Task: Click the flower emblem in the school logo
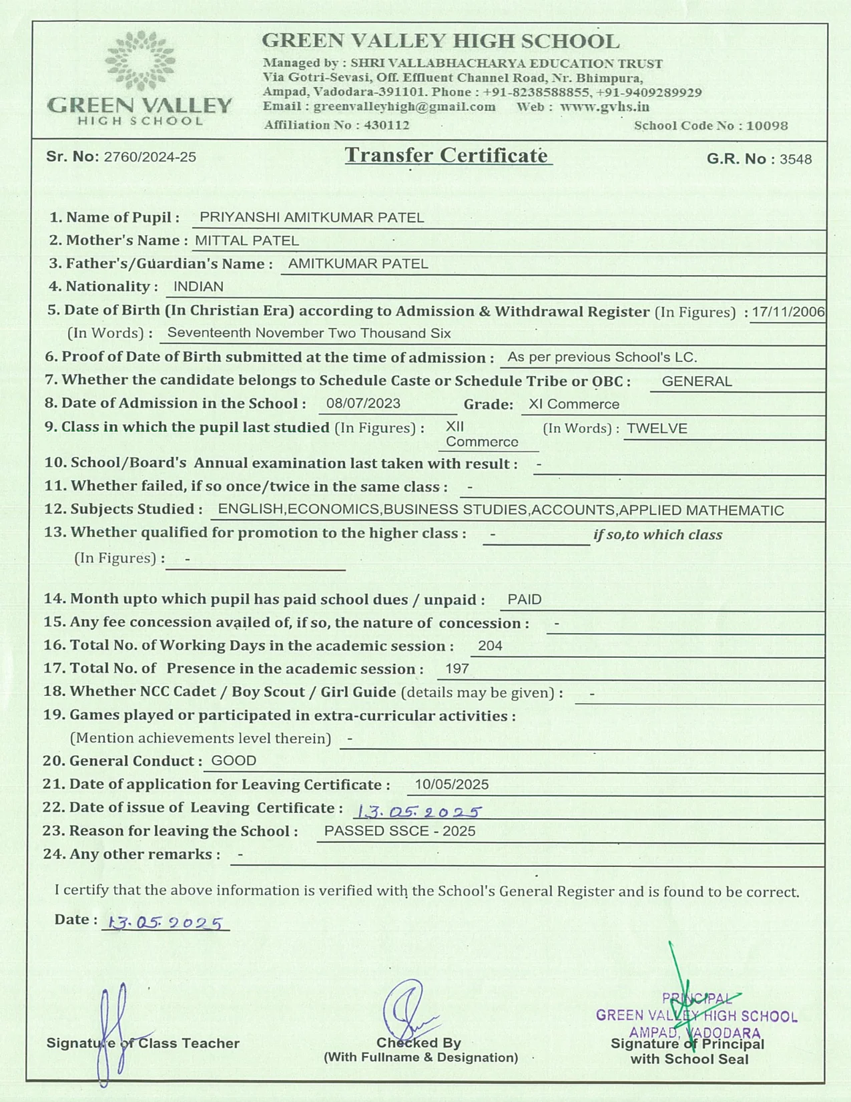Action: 140,60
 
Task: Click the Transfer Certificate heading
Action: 447,156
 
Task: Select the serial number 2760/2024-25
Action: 150,157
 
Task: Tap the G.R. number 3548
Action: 796,159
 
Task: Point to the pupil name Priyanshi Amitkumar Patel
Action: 312,218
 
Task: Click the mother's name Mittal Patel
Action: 247,240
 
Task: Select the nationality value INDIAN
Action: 198,287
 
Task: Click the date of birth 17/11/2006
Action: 788,312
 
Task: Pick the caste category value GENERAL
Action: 697,381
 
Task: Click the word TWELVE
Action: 657,429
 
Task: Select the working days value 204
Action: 490,646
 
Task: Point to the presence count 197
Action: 457,669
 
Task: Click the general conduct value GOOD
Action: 234,761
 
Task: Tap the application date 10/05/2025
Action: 452,784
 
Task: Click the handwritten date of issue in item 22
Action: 418,811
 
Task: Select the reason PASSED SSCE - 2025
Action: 400,831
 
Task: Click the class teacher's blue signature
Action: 113,1029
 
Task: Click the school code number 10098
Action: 767,126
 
